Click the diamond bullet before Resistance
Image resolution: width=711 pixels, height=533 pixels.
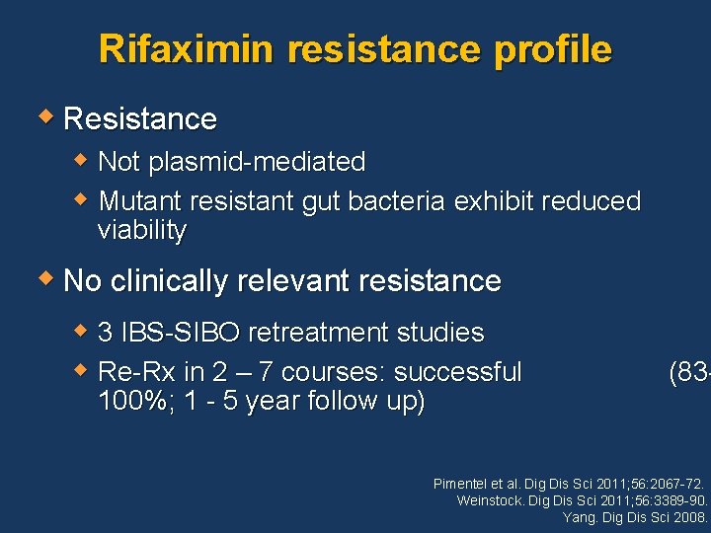pyautogui.click(x=47, y=117)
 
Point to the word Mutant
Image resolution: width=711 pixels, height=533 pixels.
pyautogui.click(x=141, y=201)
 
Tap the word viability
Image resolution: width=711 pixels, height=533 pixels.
pyautogui.click(x=142, y=231)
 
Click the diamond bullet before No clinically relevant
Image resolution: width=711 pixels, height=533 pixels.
pyautogui.click(x=47, y=279)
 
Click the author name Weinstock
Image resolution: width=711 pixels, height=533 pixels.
pyautogui.click(x=491, y=500)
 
